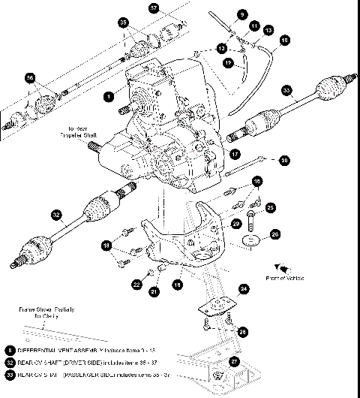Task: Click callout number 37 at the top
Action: click(154, 9)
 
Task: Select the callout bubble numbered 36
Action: click(30, 78)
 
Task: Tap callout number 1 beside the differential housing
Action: click(109, 96)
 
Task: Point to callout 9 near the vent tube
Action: click(242, 14)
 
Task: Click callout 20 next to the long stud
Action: click(283, 160)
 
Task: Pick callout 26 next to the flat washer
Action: click(274, 234)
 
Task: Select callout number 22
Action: click(136, 285)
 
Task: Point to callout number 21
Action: click(154, 291)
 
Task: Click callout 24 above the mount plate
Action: click(244, 288)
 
